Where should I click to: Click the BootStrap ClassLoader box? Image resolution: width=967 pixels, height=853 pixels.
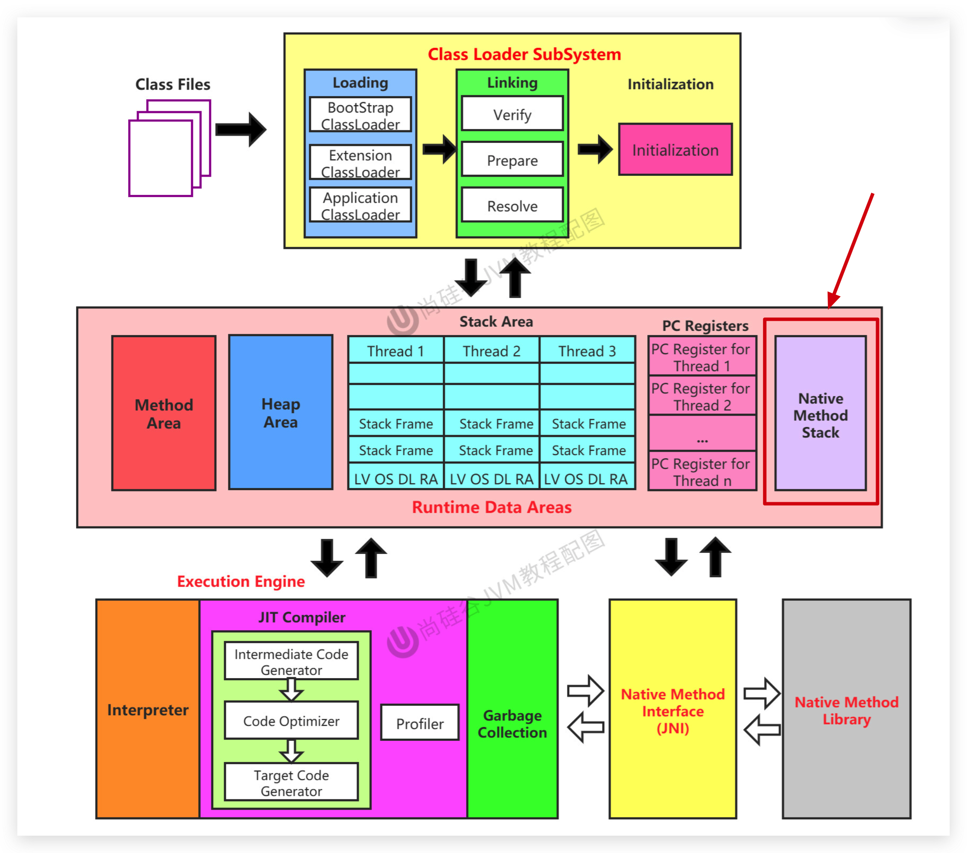[360, 115]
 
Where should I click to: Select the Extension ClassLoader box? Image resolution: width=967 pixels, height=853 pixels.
[360, 163]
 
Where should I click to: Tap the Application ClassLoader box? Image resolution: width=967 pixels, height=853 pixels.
[360, 205]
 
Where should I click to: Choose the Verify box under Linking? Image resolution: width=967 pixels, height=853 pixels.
[512, 114]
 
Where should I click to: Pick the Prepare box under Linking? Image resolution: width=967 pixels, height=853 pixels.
[512, 160]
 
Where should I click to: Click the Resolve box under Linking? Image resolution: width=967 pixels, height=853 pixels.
[512, 205]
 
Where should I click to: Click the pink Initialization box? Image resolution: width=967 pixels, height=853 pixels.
[675, 150]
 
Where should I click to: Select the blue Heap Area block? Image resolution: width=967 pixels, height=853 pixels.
[281, 412]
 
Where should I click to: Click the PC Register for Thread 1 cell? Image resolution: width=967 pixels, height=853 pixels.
[702, 357]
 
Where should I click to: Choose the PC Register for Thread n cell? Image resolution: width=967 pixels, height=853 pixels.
[702, 472]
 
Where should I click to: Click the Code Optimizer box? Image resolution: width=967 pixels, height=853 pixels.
[291, 721]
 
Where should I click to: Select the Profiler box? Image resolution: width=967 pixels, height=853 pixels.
[420, 723]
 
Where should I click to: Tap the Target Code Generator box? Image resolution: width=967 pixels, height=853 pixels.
[291, 782]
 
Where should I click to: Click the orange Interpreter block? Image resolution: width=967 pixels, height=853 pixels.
[148, 709]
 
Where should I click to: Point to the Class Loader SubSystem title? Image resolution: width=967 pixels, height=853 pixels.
[524, 55]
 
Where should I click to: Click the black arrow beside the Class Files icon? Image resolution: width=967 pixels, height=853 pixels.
[241, 129]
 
